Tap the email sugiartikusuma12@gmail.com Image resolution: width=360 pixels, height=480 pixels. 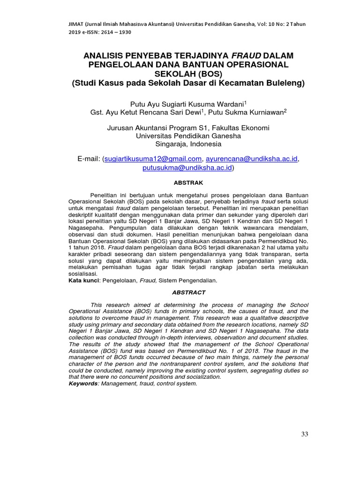153,158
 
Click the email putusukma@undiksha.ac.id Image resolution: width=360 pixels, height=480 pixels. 187,167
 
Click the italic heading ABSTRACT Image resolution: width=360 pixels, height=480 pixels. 189,292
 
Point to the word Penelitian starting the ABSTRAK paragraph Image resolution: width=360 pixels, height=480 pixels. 103,194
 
